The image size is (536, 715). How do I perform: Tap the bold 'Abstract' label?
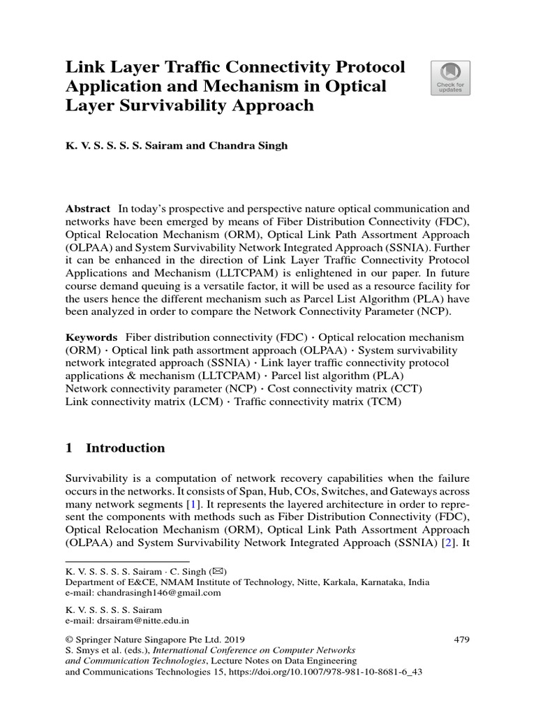pos(88,209)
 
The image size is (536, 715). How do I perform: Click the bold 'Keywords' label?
pos(91,337)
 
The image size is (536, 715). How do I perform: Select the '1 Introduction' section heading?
pos(115,448)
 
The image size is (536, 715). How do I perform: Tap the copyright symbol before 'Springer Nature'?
pos(69,639)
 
